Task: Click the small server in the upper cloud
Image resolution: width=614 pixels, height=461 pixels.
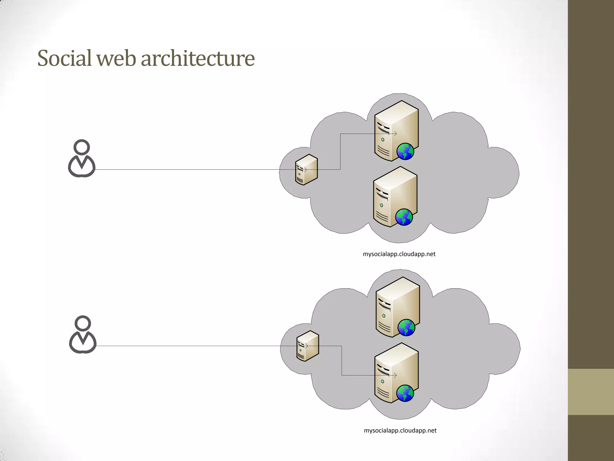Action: (306, 170)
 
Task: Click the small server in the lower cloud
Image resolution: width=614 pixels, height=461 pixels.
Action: (307, 346)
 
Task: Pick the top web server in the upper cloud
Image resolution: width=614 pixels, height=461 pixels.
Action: (396, 131)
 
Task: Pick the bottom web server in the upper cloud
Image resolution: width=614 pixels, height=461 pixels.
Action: (395, 197)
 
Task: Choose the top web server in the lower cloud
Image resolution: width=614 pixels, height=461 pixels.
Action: (397, 307)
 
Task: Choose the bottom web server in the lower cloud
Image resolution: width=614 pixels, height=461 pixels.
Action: (396, 373)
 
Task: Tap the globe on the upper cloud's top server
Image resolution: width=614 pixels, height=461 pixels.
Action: (405, 152)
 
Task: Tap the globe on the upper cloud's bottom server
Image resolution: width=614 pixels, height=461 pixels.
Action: (404, 217)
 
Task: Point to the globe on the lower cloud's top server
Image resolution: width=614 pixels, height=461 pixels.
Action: (406, 327)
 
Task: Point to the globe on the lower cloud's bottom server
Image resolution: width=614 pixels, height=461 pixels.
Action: (405, 393)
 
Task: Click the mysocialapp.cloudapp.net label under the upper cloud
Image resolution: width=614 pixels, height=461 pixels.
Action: (399, 254)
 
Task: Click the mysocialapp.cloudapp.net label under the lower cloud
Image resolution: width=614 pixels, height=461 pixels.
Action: (400, 430)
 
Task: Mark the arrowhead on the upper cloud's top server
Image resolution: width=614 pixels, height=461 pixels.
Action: (396, 134)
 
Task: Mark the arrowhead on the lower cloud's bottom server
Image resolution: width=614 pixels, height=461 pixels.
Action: (395, 375)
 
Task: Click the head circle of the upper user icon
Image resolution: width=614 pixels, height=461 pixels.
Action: (82, 147)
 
